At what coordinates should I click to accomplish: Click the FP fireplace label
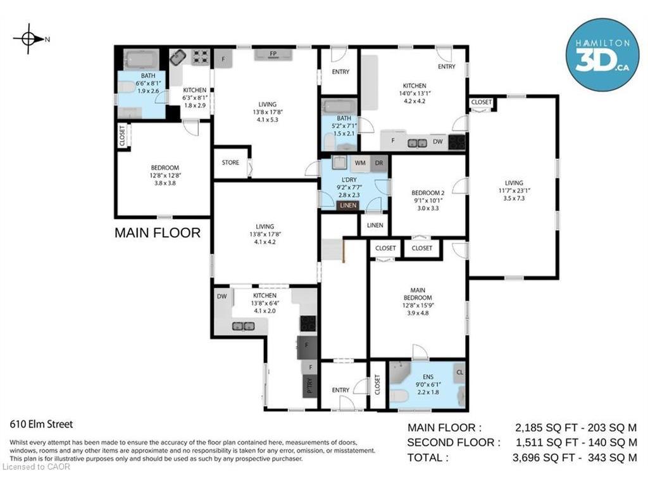pos(273,54)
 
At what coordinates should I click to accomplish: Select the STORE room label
pos(230,163)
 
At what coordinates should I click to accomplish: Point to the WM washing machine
pos(360,163)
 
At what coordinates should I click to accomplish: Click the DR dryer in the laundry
pos(379,163)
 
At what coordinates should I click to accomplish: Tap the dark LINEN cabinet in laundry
pos(348,206)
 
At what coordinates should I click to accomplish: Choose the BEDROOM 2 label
pos(428,192)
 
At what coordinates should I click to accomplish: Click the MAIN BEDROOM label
pos(418,294)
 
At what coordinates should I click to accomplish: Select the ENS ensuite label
pos(428,377)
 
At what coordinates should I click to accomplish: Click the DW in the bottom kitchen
pos(222,296)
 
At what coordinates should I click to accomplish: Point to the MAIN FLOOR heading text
pos(158,233)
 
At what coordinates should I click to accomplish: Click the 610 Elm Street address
pos(41,424)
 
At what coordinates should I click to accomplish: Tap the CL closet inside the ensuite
pos(459,372)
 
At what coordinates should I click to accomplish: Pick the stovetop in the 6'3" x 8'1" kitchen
pos(201,58)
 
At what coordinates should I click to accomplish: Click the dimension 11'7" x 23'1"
pos(514,190)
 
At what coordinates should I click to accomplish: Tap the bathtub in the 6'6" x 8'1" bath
pos(141,60)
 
